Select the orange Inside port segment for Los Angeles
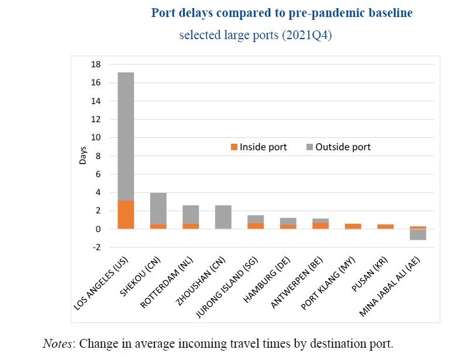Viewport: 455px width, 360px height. pos(126,214)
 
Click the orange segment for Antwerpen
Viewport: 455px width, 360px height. pos(320,225)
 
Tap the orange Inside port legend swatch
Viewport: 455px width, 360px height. pos(234,147)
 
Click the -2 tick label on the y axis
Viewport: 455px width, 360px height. pos(96,247)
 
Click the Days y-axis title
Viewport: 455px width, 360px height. pos(82,155)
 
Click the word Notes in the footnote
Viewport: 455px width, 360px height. pos(58,343)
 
